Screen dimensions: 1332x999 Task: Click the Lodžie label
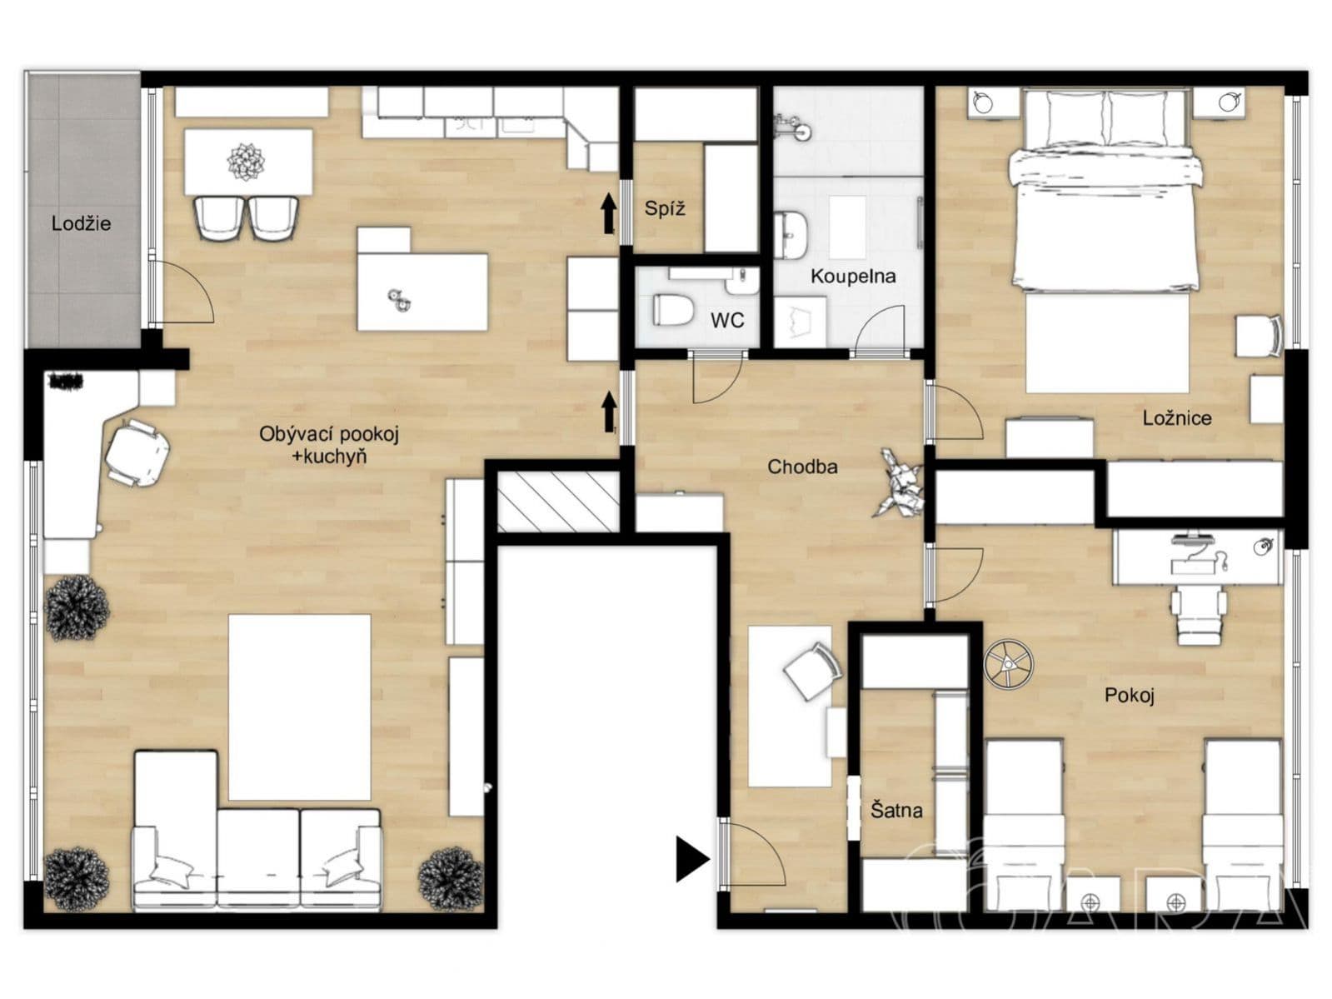point(82,223)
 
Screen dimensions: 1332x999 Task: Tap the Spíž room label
point(665,208)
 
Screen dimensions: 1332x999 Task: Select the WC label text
point(727,320)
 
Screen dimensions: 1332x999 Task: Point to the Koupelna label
point(853,276)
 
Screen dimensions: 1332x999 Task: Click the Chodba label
point(802,466)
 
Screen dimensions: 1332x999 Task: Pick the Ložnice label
point(1177,417)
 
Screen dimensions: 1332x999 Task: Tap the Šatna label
point(896,810)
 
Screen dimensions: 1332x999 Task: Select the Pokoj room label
point(1129,695)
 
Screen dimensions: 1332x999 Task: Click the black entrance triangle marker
point(691,859)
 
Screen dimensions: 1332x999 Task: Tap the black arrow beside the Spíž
point(608,213)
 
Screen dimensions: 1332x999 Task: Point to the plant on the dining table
point(246,162)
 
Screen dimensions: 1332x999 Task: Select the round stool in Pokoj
point(1008,664)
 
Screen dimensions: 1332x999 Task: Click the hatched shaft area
point(558,502)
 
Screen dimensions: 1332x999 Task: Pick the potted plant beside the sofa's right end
point(451,878)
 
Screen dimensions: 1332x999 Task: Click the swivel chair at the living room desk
point(137,452)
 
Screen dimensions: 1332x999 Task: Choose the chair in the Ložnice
point(1260,336)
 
